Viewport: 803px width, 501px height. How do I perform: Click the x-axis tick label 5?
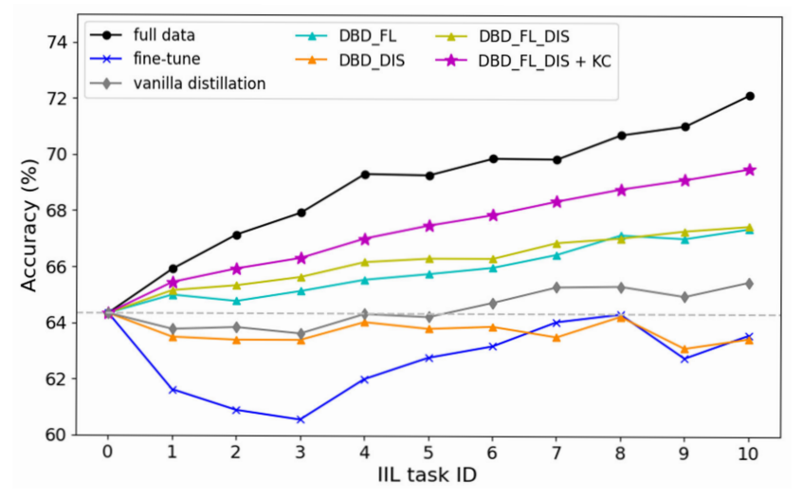point(429,456)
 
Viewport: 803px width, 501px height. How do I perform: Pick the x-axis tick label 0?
point(107,456)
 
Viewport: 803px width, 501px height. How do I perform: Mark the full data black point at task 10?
point(750,96)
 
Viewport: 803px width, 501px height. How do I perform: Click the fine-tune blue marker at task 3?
point(301,419)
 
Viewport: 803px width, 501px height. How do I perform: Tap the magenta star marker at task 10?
point(750,170)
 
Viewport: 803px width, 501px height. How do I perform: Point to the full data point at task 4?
point(364,174)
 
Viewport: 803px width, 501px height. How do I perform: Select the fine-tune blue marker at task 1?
point(172,390)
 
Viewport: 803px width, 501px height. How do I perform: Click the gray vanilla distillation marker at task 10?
point(750,283)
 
